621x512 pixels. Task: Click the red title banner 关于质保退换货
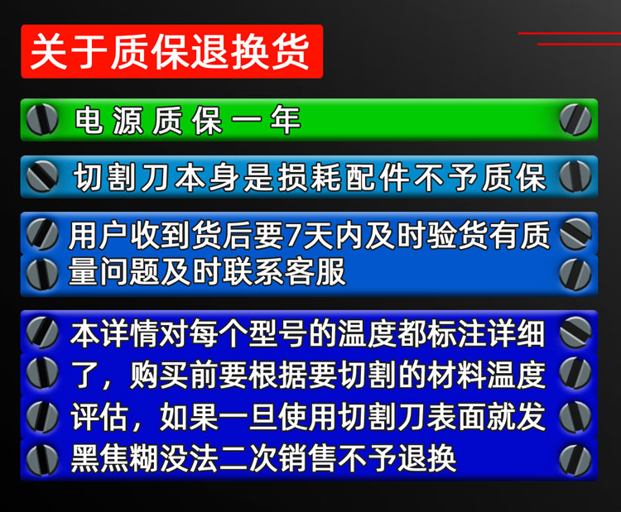click(172, 51)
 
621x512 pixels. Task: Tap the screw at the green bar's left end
click(42, 119)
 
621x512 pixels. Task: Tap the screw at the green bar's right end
click(575, 119)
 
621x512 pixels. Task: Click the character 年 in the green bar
click(285, 119)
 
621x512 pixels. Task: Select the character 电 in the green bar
click(89, 119)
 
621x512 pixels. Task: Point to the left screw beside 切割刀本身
click(42, 176)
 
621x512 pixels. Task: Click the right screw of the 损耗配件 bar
click(575, 176)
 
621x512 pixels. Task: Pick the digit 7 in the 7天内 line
click(293, 236)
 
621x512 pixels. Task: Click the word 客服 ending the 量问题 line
click(315, 272)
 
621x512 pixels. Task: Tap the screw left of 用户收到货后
click(42, 234)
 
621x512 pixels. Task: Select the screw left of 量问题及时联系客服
click(42, 274)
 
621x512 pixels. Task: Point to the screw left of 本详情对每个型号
click(42, 332)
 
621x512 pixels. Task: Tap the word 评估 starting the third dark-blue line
click(100, 417)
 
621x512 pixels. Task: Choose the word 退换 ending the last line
click(426, 458)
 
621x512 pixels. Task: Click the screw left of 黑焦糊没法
click(42, 459)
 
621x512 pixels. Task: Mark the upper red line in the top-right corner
click(570, 34)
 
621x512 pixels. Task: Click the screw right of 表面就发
click(575, 417)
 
